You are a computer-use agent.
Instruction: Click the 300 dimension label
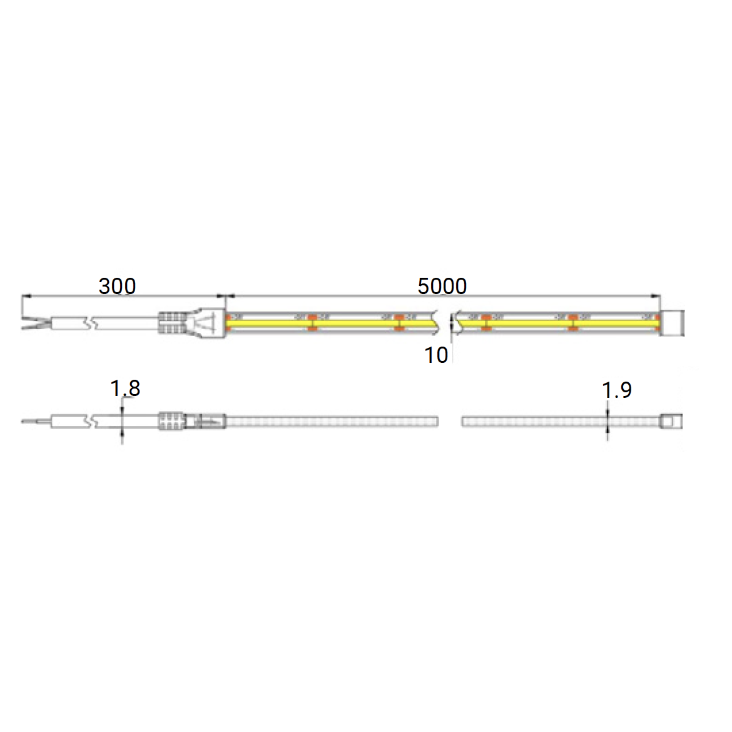click(x=117, y=286)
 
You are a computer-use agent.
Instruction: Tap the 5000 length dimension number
click(x=442, y=286)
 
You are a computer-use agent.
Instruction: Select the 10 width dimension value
click(x=436, y=355)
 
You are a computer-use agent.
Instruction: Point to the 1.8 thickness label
click(x=125, y=389)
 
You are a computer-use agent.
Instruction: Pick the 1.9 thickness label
click(x=617, y=390)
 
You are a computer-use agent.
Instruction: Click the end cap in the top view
click(x=673, y=323)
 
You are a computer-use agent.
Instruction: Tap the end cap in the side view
click(x=671, y=421)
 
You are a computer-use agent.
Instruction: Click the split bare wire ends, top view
click(x=36, y=323)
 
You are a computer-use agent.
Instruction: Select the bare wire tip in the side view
click(x=36, y=422)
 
